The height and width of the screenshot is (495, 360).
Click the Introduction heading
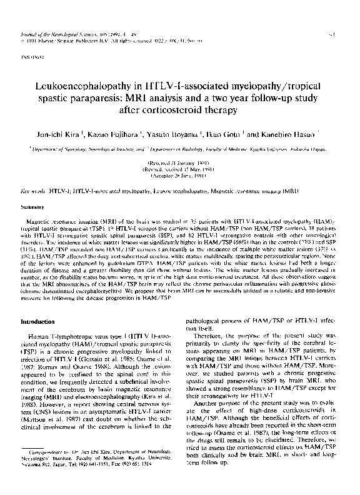pyautogui.click(x=38, y=321)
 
